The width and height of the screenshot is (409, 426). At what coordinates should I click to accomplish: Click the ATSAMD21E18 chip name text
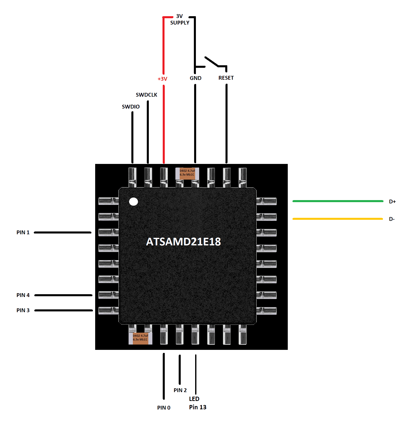tap(183, 242)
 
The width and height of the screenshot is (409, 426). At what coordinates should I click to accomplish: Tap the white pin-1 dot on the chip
tap(133, 202)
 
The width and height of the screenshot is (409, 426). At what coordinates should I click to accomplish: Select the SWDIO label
tap(131, 107)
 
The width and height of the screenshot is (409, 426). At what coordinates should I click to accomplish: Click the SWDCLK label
tap(147, 95)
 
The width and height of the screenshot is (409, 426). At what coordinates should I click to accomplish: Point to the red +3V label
tap(162, 79)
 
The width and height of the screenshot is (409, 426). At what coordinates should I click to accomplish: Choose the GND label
tap(196, 78)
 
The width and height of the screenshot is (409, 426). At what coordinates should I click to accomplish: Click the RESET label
tap(226, 78)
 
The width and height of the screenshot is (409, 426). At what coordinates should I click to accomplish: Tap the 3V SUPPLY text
tap(180, 19)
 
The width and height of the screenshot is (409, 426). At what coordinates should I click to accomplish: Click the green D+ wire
tap(338, 201)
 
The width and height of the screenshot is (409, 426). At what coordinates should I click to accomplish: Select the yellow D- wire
tap(338, 219)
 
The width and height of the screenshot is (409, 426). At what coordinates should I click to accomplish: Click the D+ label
tap(392, 202)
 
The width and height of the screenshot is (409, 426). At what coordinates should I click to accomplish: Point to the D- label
tap(392, 219)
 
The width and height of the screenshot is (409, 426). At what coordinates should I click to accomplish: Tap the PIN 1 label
tap(23, 232)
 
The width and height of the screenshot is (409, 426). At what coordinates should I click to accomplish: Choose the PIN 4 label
tap(23, 295)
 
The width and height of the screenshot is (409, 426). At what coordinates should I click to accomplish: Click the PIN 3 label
tap(23, 310)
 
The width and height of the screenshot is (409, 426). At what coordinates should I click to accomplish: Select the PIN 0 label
tap(164, 408)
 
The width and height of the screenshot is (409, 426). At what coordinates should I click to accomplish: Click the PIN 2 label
tap(180, 390)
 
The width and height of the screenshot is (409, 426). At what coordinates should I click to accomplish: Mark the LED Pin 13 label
tap(198, 403)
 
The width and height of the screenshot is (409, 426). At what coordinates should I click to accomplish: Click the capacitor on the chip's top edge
tap(187, 174)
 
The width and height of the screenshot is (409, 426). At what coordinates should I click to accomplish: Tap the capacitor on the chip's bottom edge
tap(140, 338)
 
